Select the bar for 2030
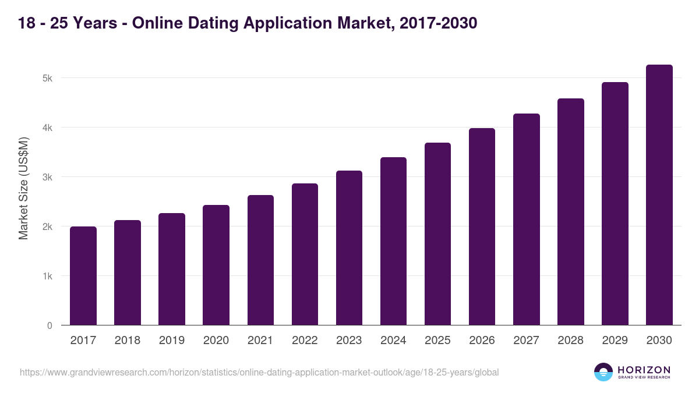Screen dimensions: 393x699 (659, 195)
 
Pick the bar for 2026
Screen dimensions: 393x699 (482, 226)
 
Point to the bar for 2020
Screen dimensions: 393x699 (216, 265)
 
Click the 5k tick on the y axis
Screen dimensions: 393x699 (47, 78)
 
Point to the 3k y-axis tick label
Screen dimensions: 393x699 (47, 177)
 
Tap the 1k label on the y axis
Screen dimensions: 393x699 (47, 276)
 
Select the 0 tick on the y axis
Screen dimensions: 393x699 (50, 325)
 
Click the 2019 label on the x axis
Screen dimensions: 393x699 (171, 341)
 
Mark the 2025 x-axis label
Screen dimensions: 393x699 (437, 341)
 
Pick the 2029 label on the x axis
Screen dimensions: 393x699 (615, 341)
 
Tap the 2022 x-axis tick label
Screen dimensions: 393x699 (305, 341)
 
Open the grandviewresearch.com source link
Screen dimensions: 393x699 (259, 372)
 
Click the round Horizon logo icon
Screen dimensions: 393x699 (603, 372)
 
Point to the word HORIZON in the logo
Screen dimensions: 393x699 (644, 369)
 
